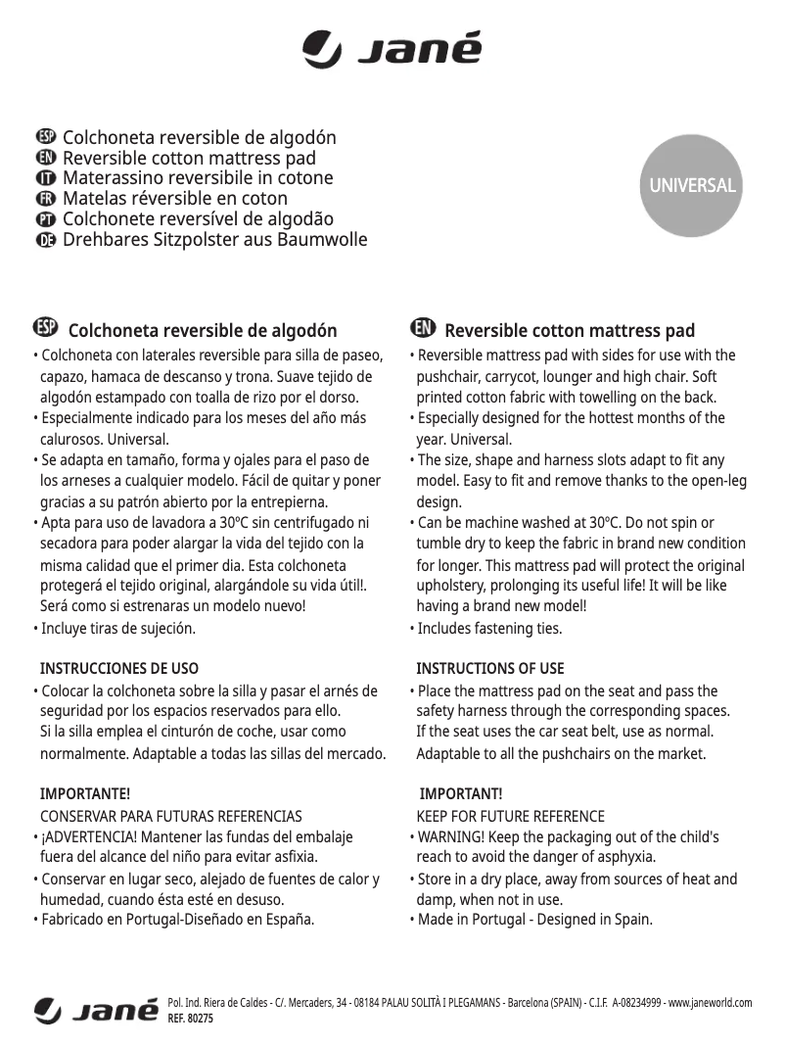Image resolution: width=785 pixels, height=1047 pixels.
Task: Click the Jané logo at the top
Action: click(x=392, y=49)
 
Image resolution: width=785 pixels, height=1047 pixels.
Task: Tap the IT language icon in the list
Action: click(x=45, y=179)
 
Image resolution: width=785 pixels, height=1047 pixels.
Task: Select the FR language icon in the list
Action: click(x=45, y=199)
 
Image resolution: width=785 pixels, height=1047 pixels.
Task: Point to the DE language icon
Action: click(x=45, y=240)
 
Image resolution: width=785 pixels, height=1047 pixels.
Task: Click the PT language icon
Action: click(x=45, y=219)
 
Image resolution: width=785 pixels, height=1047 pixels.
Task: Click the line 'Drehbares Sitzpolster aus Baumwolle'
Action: click(x=214, y=239)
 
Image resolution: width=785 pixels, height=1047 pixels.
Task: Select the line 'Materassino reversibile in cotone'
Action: click(x=198, y=178)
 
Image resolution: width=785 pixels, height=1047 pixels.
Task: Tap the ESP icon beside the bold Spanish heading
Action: click(x=45, y=327)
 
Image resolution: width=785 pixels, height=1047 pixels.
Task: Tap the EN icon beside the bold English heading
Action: click(x=423, y=327)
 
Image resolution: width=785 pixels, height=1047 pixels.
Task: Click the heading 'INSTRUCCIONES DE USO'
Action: click(x=118, y=669)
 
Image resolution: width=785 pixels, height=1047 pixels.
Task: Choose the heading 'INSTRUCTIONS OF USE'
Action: click(x=490, y=669)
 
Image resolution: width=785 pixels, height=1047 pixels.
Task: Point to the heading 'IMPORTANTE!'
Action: click(x=84, y=792)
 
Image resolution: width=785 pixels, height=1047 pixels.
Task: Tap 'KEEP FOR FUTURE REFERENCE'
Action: click(x=511, y=816)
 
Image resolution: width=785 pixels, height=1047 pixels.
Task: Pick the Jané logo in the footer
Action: click(x=96, y=1010)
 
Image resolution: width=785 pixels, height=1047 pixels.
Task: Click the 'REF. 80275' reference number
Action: click(x=191, y=1019)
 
